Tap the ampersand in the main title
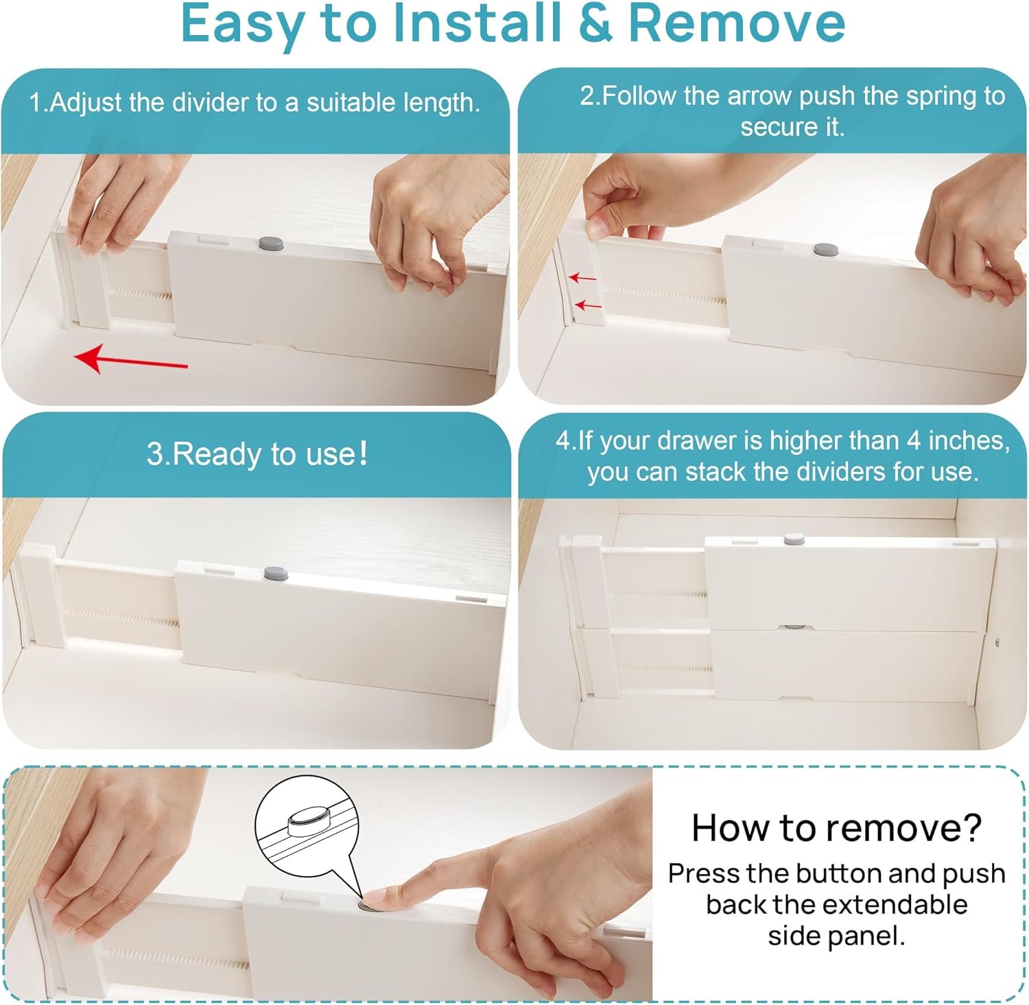coord(595,24)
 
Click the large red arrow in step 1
coord(130,359)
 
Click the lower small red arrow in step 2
coord(588,305)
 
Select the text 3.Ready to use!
coord(257,454)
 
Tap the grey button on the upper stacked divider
coord(794,540)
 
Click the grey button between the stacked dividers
coord(794,627)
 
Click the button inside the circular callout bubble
coord(308,820)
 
